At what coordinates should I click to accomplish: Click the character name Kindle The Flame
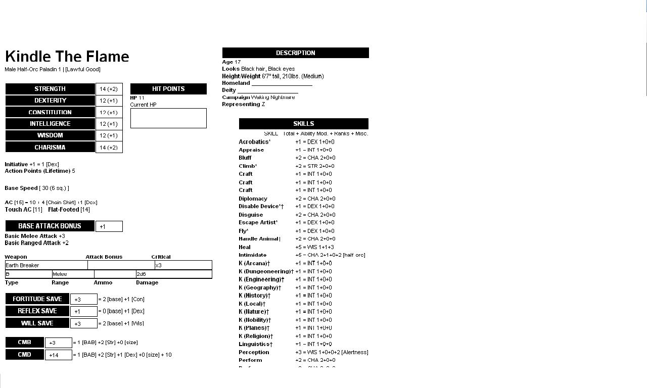[x=67, y=57]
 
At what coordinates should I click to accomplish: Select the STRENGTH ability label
[x=50, y=89]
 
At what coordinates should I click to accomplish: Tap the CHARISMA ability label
[x=50, y=148]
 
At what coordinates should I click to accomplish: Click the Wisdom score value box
[x=109, y=135]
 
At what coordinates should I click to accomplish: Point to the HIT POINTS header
[x=168, y=89]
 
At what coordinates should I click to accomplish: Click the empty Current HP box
[x=168, y=118]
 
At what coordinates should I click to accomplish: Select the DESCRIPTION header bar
[x=295, y=53]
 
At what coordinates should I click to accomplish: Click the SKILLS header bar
[x=303, y=124]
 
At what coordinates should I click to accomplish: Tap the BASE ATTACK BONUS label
[x=50, y=226]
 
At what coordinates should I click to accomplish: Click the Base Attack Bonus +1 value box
[x=109, y=226]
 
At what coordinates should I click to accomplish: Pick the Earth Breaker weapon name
[x=23, y=265]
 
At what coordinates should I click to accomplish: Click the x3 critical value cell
[x=183, y=265]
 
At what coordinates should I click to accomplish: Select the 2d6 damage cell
[x=173, y=274]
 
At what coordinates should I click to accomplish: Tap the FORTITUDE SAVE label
[x=37, y=299]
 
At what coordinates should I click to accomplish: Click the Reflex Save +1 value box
[x=83, y=311]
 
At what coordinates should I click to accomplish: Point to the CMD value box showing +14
[x=58, y=355]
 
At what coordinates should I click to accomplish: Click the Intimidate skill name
[x=253, y=255]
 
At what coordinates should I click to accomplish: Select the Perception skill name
[x=254, y=352]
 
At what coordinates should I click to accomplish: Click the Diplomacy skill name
[x=253, y=199]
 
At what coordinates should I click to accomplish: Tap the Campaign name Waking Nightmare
[x=273, y=97]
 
